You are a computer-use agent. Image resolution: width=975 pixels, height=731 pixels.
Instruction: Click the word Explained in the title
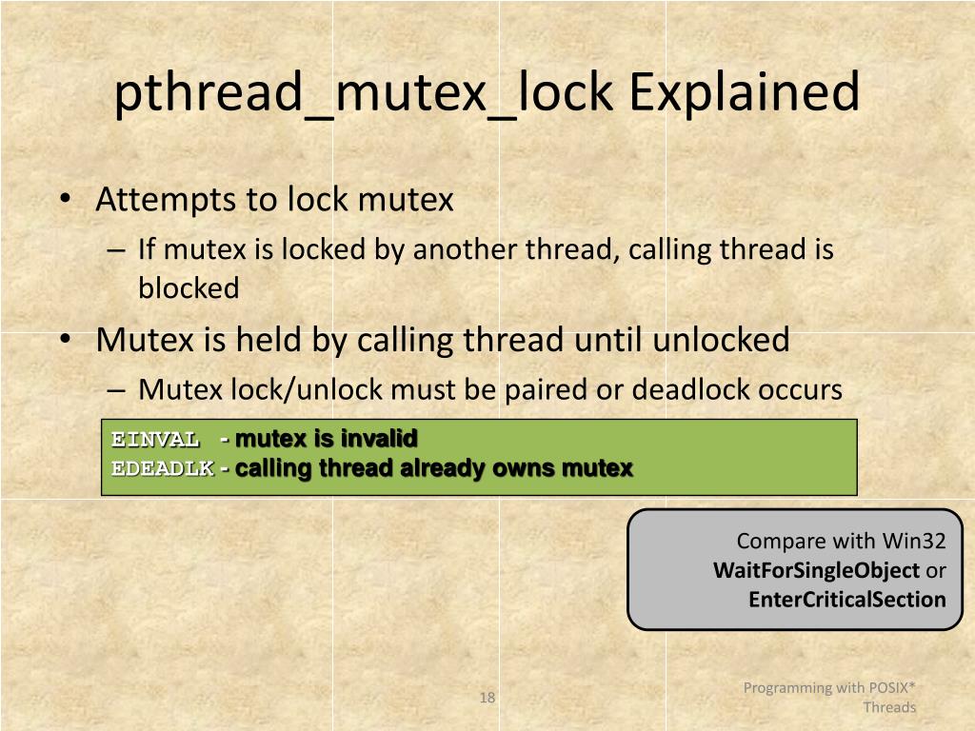pos(744,93)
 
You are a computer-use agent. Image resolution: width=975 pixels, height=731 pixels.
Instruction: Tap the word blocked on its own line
pos(189,288)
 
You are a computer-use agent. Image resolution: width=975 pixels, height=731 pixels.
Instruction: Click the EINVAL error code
pos(155,439)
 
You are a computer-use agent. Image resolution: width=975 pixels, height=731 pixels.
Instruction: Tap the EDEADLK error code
pos(162,468)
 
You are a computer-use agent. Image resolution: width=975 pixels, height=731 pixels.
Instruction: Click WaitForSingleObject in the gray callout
pos(816,571)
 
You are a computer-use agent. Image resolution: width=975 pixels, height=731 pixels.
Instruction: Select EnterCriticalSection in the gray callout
pos(847,600)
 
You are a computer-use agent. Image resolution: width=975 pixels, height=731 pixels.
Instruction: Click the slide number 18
pos(487,699)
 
